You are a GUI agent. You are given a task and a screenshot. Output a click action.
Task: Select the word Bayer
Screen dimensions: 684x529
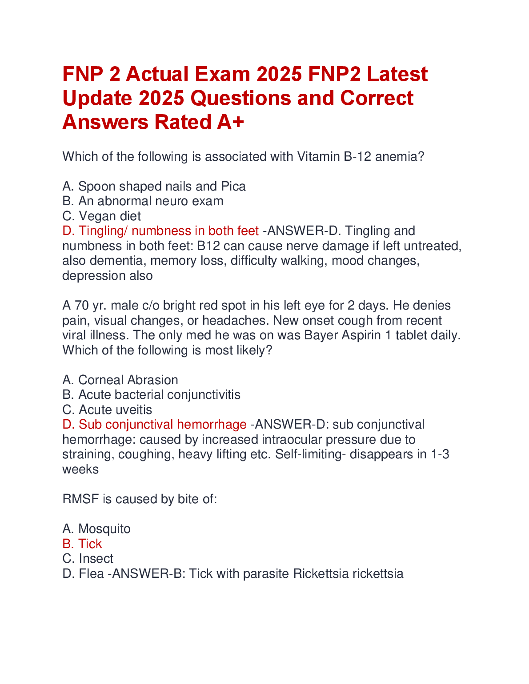[x=321, y=335]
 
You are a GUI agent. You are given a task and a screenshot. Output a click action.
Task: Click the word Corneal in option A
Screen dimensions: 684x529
[x=101, y=380]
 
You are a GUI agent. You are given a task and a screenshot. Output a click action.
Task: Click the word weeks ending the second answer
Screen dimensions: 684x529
[x=80, y=469]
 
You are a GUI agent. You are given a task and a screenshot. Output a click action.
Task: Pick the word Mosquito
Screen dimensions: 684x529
[x=104, y=529]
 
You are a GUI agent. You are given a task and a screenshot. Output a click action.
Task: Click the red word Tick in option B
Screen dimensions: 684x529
[x=90, y=544]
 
